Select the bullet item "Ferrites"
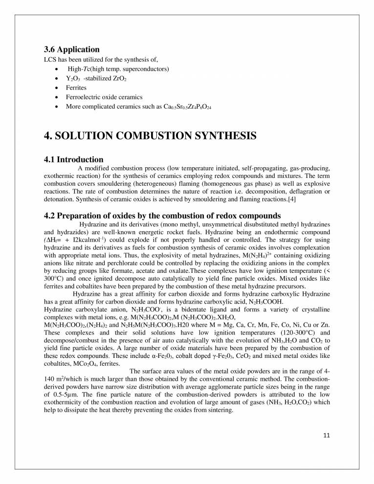(x=76, y=88)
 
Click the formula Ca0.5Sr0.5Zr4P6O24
(x=188, y=107)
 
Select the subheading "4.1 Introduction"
(x=73, y=159)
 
